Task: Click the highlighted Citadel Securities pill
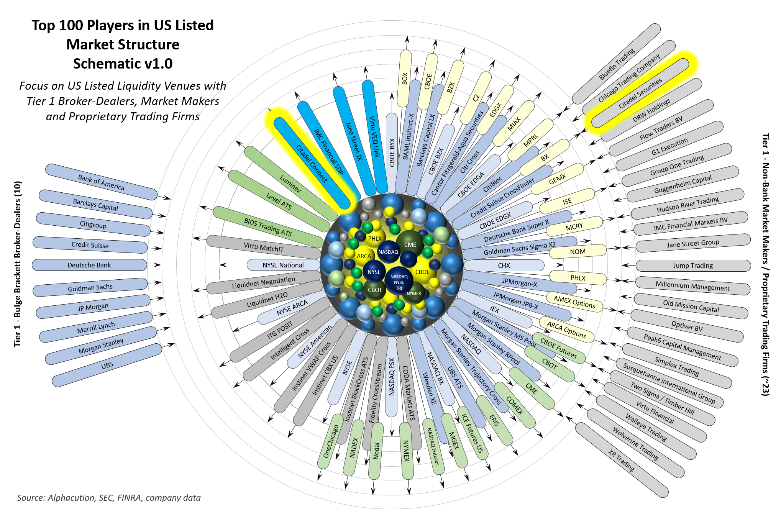pyautogui.click(x=640, y=93)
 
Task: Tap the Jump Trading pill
pyautogui.click(x=693, y=266)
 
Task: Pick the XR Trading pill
pyautogui.click(x=622, y=460)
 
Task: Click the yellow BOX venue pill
pyautogui.click(x=405, y=78)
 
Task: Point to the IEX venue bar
pyautogui.click(x=495, y=309)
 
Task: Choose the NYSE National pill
pyautogui.click(x=283, y=265)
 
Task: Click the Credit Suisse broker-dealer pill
pyautogui.click(x=90, y=245)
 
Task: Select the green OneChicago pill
pyautogui.click(x=331, y=441)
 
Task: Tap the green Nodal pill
pyautogui.click(x=376, y=451)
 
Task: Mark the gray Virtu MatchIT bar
pyautogui.click(x=264, y=247)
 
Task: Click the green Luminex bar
pyautogui.click(x=290, y=184)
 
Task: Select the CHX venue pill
pyautogui.click(x=504, y=266)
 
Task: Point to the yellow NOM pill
pyautogui.click(x=578, y=252)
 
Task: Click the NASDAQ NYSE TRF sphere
pyautogui.click(x=399, y=282)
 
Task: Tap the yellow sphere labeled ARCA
pyautogui.click(x=364, y=256)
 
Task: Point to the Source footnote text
pyautogui.click(x=109, y=498)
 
